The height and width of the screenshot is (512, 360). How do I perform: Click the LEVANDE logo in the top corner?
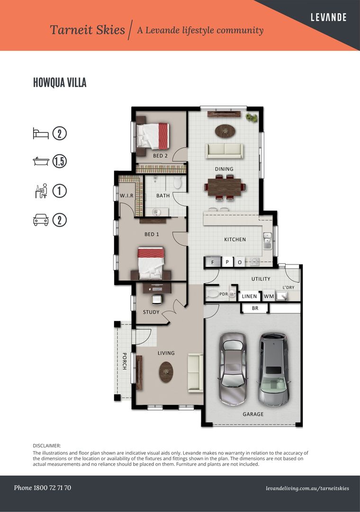tap(328, 18)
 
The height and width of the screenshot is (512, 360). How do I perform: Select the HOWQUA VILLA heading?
tap(60, 83)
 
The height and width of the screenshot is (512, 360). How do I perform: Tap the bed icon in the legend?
tap(41, 133)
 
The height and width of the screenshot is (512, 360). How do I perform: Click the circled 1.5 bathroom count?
tap(59, 162)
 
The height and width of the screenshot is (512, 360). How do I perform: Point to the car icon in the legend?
tap(41, 219)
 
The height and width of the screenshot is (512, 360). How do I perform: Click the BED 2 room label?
tap(160, 155)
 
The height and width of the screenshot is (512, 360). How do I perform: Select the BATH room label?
tap(163, 195)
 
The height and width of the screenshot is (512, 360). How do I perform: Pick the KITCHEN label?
tap(235, 239)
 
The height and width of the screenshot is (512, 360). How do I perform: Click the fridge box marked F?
tap(213, 262)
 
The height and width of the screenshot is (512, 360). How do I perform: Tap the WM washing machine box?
tap(269, 296)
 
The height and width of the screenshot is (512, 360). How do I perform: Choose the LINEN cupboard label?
tap(249, 296)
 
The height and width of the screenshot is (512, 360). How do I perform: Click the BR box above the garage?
tap(255, 308)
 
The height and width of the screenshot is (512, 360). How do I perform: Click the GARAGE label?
tap(253, 414)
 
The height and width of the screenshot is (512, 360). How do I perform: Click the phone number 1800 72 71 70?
tap(43, 488)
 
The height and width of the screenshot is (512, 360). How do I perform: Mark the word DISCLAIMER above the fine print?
tap(47, 446)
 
